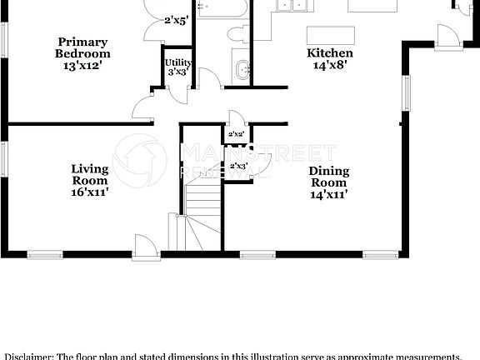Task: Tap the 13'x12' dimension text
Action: click(83, 64)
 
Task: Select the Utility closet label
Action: click(177, 62)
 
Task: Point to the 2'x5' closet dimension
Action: click(177, 21)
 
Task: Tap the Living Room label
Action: click(89, 173)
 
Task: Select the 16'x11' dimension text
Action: click(89, 192)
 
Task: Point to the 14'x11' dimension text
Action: click(329, 194)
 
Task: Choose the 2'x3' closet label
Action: click(238, 165)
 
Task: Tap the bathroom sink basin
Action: click(242, 70)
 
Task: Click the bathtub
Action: click(222, 10)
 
